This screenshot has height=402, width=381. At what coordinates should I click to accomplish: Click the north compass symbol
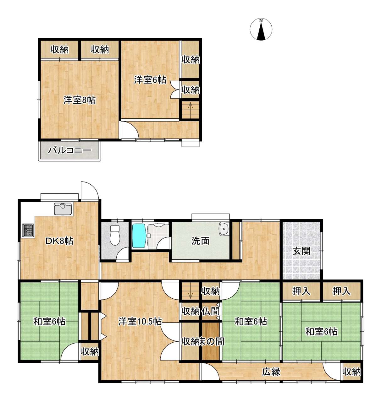pos(261,29)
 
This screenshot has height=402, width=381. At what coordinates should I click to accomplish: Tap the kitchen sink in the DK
pos(63,209)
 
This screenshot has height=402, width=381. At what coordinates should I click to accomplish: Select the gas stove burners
pos(28,230)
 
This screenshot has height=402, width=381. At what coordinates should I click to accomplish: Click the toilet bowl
pos(115,236)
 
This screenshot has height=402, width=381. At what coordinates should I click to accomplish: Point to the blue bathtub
pos(139,236)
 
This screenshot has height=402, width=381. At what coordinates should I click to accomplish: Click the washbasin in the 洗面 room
pos(224,229)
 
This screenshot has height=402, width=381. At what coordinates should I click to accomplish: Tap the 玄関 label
pos(301,251)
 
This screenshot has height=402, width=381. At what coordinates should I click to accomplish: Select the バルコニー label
pos(69,151)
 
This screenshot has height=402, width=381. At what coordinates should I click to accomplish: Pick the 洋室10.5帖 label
pos(140,322)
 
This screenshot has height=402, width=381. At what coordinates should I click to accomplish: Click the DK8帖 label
pos(59,241)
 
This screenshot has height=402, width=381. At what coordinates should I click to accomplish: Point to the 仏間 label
pos(211,311)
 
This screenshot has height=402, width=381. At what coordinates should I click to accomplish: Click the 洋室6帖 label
pos(150,80)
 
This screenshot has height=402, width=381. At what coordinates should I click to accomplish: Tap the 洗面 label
pos(201,241)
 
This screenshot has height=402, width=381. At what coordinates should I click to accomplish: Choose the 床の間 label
pos(212,341)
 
